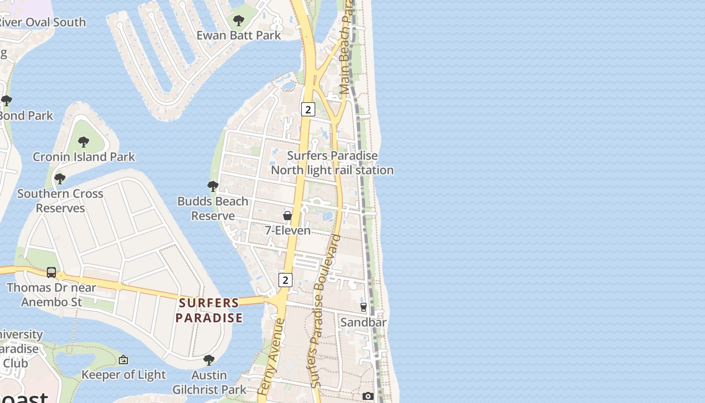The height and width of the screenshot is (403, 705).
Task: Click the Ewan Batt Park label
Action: pyautogui.click(x=238, y=35)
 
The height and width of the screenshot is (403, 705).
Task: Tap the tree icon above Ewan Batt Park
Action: pyautogui.click(x=239, y=21)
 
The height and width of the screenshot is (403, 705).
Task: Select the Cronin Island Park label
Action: pyautogui.click(x=84, y=157)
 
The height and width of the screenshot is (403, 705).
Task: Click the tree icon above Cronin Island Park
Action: pyautogui.click(x=84, y=142)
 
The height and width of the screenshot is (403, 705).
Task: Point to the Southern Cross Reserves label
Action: pyautogui.click(x=60, y=200)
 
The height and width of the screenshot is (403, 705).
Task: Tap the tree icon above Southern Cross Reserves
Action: pyautogui.click(x=60, y=179)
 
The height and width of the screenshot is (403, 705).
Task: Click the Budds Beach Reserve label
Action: pyautogui.click(x=213, y=208)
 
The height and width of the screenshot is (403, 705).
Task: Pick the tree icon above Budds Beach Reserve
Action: pyautogui.click(x=213, y=186)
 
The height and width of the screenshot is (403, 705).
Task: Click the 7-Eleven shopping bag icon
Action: pyautogui.click(x=288, y=216)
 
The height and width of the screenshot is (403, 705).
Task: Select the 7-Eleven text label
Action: pyautogui.click(x=288, y=230)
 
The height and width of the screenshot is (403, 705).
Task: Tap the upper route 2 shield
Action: pyautogui.click(x=308, y=109)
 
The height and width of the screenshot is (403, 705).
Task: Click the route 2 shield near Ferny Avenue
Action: pyautogui.click(x=286, y=280)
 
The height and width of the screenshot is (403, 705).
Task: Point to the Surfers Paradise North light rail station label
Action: pyautogui.click(x=332, y=163)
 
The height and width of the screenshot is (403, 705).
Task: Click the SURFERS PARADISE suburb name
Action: pyautogui.click(x=209, y=310)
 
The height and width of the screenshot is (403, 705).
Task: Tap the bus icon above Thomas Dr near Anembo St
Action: pyautogui.click(x=51, y=273)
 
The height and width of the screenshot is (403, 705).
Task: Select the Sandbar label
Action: pyautogui.click(x=363, y=322)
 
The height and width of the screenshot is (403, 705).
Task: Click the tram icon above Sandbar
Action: pyautogui.click(x=364, y=307)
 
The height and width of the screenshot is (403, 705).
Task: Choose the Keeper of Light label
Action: pyautogui.click(x=123, y=374)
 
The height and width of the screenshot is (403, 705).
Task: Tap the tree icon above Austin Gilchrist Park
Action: pyautogui.click(x=209, y=360)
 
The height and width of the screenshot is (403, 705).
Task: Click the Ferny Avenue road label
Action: pyautogui.click(x=271, y=356)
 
